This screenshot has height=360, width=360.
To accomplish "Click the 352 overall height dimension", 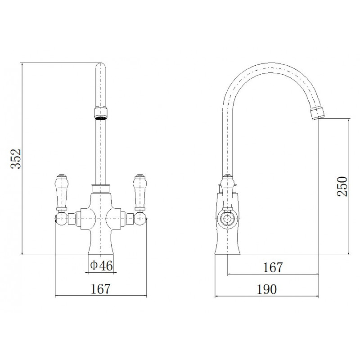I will pyautogui.click(x=16, y=159).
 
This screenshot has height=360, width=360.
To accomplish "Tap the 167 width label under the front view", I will pyautogui.click(x=101, y=288).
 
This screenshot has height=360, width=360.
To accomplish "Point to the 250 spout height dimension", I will pyautogui.click(x=342, y=185).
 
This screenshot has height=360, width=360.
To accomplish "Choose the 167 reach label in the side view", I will pyautogui.click(x=273, y=267).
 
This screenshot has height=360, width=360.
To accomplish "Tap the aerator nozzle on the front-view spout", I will pyautogui.click(x=100, y=113).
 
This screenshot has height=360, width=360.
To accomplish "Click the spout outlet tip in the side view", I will pyautogui.click(x=317, y=112).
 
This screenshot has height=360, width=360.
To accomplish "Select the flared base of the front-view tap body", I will pyautogui.click(x=100, y=245).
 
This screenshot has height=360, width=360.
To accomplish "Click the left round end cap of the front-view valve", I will pyautogui.click(x=59, y=220).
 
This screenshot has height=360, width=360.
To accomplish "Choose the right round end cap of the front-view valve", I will pyautogui.click(x=141, y=220).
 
